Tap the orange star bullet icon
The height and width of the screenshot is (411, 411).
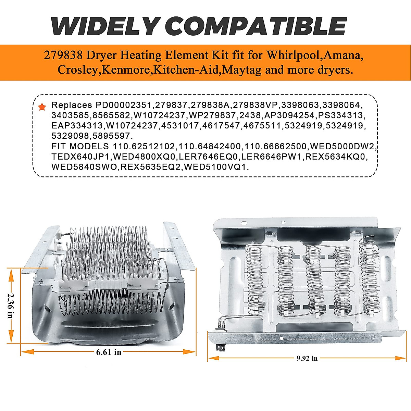(x=42, y=107)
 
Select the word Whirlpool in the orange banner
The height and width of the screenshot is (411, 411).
(x=295, y=55)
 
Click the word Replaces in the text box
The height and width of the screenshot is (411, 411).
(x=72, y=105)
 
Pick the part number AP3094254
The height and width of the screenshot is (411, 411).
(x=289, y=115)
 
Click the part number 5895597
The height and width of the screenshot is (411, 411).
(x=112, y=136)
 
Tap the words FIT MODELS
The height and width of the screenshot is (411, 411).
(x=80, y=147)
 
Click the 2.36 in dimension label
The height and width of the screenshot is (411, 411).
(x=10, y=306)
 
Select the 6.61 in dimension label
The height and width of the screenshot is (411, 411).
(x=109, y=352)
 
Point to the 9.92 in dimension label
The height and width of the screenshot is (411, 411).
(x=307, y=359)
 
